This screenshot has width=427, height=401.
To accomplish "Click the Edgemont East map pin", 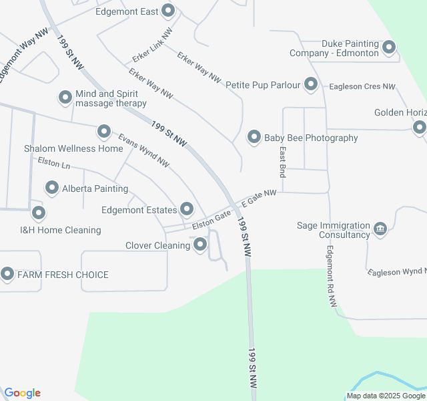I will [x=168, y=11].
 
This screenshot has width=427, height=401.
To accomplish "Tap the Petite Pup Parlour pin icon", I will [x=311, y=84].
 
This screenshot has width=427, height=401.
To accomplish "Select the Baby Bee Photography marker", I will [x=254, y=138].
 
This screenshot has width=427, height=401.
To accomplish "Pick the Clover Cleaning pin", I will [x=200, y=245].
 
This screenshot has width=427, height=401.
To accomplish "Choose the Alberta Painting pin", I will [x=52, y=188].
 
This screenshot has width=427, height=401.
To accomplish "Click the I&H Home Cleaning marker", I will [x=39, y=214].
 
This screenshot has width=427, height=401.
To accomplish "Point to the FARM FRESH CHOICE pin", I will [x=7, y=274].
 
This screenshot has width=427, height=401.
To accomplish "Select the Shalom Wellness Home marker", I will [x=103, y=132].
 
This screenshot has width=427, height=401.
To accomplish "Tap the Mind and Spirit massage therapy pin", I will [x=65, y=98].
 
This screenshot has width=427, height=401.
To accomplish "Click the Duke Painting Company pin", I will [x=389, y=47].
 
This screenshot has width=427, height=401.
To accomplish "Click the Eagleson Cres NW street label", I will [x=362, y=87].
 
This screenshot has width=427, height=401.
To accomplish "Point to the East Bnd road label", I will [x=283, y=162].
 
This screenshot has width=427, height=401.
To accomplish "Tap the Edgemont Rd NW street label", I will [x=332, y=277].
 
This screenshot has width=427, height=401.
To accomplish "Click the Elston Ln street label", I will [x=54, y=162].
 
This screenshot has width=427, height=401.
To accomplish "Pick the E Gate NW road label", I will [x=259, y=197].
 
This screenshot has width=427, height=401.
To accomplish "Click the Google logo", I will [x=22, y=393].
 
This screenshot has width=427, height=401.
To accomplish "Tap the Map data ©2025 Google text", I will [x=386, y=396].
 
